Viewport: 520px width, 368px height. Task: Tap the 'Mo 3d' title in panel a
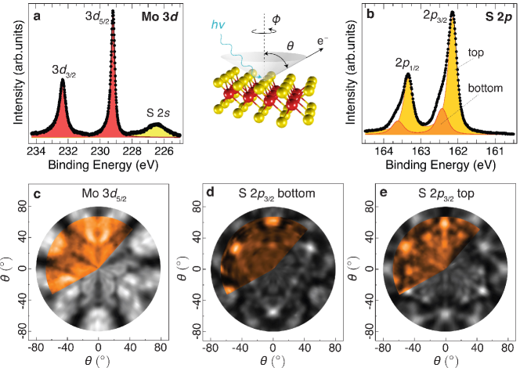pos(166,13)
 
